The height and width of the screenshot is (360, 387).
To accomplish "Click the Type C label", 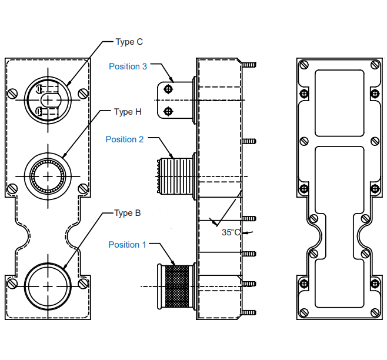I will (129, 42).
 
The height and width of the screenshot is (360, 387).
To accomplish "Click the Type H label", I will (128, 112).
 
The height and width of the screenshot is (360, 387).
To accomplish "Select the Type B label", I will (128, 213).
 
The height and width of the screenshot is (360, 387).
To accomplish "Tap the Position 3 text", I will (128, 66).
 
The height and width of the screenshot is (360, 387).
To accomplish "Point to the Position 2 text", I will (125, 139).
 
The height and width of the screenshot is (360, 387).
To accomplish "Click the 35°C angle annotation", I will (231, 232).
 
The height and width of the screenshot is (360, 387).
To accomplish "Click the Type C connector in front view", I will (48, 99).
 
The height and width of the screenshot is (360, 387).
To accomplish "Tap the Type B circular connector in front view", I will (48, 285).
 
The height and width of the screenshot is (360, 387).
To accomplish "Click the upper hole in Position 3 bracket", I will (169, 89).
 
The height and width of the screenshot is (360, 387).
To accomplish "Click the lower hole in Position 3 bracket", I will (169, 111).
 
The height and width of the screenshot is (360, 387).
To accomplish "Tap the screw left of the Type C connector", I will (12, 92).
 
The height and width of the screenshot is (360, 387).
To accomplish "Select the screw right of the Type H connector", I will (83, 188).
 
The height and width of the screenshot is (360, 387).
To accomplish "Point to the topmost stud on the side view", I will (249, 64).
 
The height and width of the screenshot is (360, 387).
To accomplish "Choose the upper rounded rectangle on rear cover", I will (339, 102).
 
